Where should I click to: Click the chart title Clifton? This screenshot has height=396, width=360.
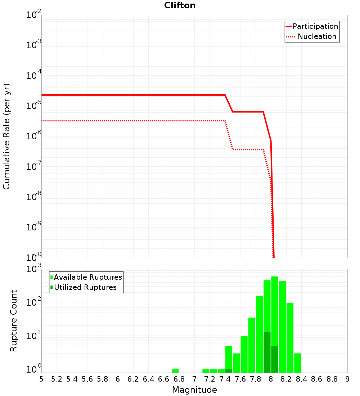pyautogui.click(x=180, y=5)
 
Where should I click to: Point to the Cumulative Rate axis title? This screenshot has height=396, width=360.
pyautogui.click(x=6, y=136)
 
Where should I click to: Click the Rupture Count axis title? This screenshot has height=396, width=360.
pyautogui.click(x=14, y=321)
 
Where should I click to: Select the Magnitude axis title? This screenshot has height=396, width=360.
pyautogui.click(x=194, y=390)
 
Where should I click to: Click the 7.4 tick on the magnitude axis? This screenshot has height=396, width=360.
pyautogui.click(x=225, y=379)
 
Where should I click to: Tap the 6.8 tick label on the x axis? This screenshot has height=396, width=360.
pyautogui.click(x=179, y=379)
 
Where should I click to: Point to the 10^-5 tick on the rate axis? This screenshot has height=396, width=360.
pyautogui.click(x=33, y=105)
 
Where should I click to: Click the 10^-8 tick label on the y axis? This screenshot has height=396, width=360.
pyautogui.click(x=33, y=197)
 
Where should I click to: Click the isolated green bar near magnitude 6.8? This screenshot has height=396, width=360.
pyautogui.click(x=175, y=371)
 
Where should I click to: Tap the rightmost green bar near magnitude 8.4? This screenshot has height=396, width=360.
pyautogui.click(x=297, y=363)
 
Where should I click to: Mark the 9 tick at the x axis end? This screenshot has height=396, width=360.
pyautogui.click(x=347, y=379)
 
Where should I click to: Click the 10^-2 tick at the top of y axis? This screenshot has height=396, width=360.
pyautogui.click(x=33, y=15)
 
